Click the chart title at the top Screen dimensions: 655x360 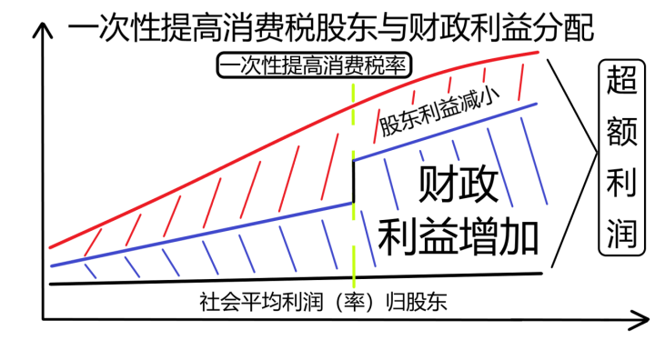tap(332, 27)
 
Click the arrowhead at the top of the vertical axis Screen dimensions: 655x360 tap(40, 28)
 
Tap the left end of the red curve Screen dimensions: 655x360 tap(52, 245)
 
